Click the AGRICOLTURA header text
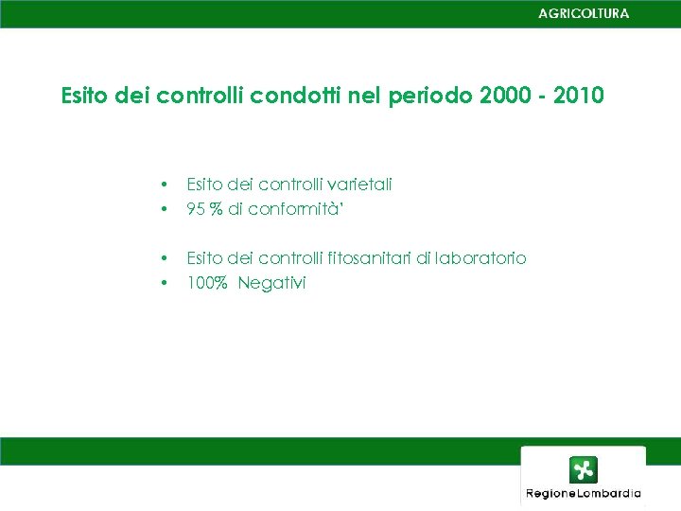[x=583, y=13]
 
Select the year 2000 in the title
[x=505, y=97]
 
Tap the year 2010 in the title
[x=577, y=97]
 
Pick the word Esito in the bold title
[x=86, y=97]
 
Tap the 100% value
[x=207, y=283]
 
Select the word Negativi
[x=272, y=283]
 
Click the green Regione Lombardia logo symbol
[x=583, y=469]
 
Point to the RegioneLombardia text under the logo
[x=583, y=493]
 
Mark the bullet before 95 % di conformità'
[x=165, y=209]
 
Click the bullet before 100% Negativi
[x=165, y=283]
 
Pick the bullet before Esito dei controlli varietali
[x=165, y=185]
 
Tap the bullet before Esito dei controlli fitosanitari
[x=165, y=258]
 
